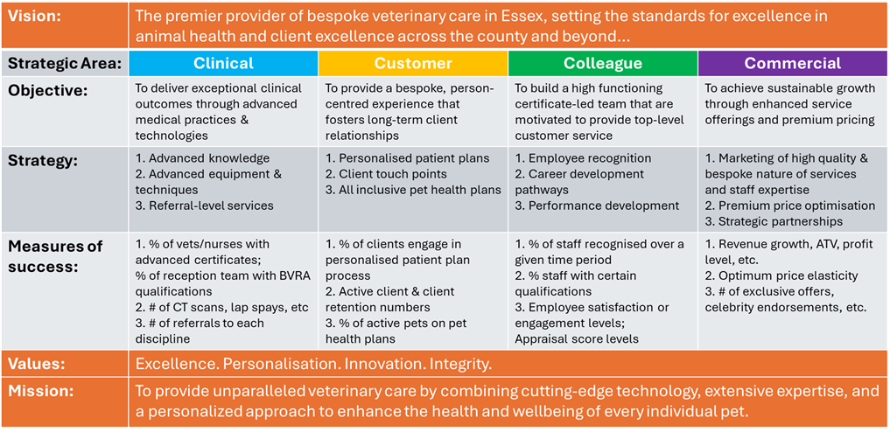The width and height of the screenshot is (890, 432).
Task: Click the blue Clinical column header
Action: (223, 63)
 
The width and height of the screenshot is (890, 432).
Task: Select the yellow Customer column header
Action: (412, 63)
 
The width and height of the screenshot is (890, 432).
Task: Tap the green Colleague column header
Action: (602, 63)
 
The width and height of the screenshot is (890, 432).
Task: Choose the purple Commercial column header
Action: (792, 63)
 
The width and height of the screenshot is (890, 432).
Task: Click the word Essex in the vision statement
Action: (529, 17)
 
